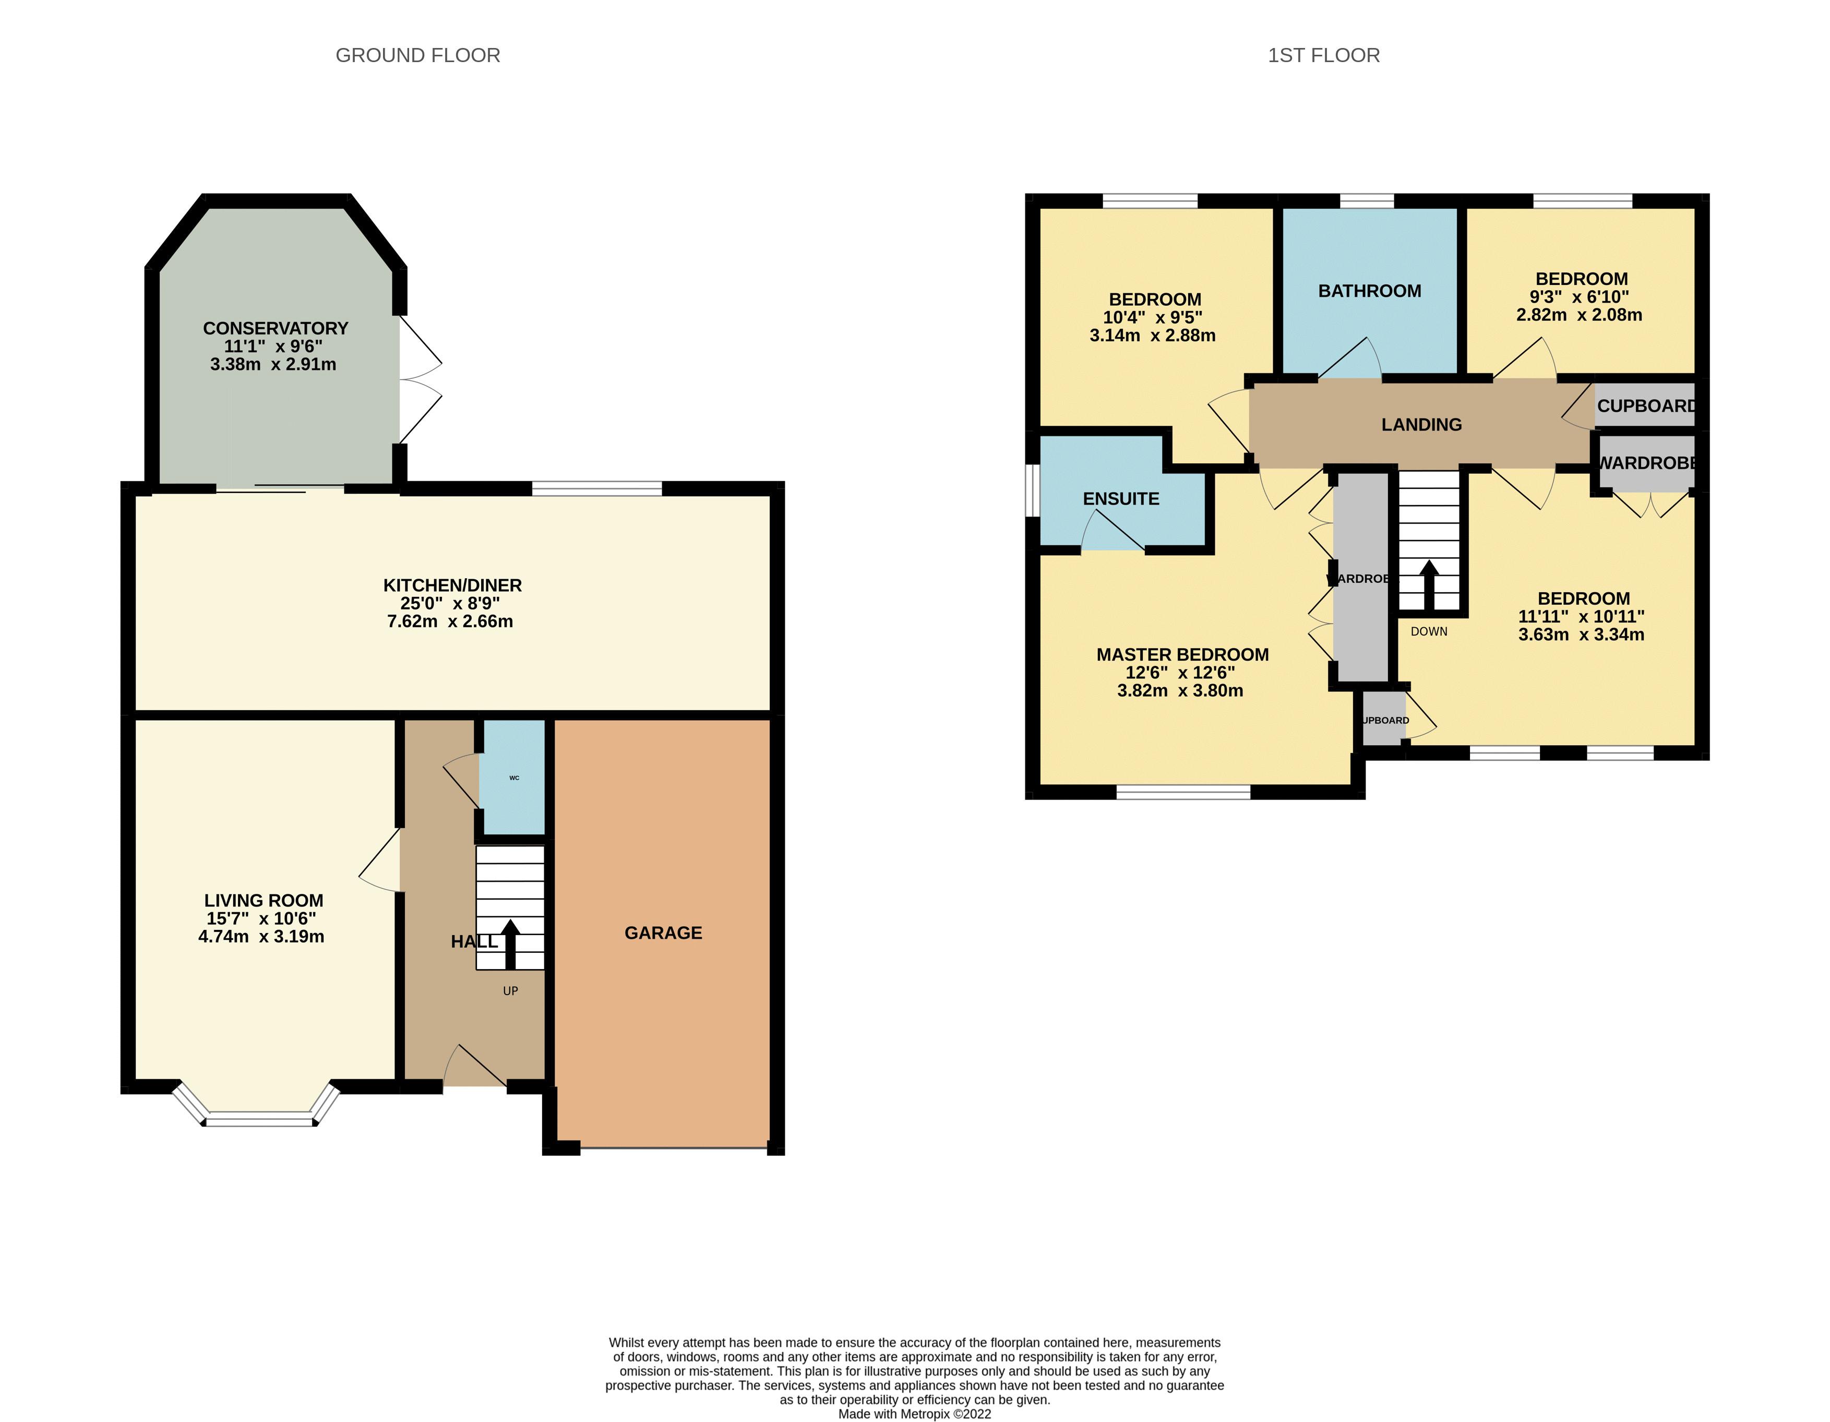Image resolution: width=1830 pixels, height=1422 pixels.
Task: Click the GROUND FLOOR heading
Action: pos(417,55)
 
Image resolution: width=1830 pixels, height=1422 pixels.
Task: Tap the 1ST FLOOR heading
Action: pos(1323,55)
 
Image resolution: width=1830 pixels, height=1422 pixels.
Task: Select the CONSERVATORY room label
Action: pos(275,328)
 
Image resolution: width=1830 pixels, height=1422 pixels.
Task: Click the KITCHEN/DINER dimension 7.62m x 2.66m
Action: pos(450,622)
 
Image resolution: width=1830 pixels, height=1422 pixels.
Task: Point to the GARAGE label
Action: pos(663,933)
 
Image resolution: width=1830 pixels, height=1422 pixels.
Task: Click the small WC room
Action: pos(513,778)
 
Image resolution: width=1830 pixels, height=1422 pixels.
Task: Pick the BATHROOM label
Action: pos(1369,291)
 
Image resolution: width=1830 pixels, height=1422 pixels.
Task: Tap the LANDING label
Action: pos(1421,425)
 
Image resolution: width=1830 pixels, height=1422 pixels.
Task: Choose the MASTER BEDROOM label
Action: pos(1182,654)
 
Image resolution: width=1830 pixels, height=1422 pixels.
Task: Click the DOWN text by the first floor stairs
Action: pos(1429,631)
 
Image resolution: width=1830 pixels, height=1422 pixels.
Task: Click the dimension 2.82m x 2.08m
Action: pos(1578,315)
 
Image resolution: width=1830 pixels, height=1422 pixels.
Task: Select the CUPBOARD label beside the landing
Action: pos(1646,405)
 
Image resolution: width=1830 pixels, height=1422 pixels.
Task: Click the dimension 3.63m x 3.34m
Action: pos(1581,635)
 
